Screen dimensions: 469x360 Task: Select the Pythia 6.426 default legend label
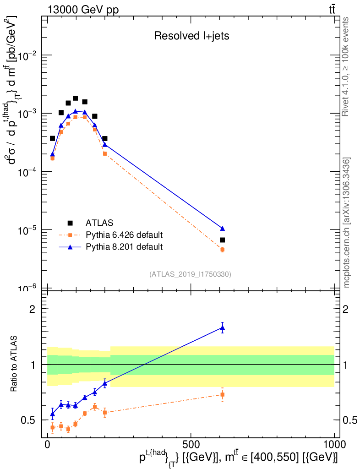(124, 235)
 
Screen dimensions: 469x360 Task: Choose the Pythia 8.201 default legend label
(124, 247)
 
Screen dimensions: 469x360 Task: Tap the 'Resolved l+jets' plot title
(191, 36)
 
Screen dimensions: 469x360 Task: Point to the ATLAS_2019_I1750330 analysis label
(190, 274)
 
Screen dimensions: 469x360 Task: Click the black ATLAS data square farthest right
(222, 240)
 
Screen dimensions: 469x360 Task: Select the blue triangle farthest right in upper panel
(222, 228)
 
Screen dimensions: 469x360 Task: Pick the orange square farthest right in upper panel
(222, 250)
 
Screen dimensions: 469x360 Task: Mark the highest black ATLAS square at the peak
(75, 98)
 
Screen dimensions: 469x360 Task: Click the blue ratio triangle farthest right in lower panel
(222, 327)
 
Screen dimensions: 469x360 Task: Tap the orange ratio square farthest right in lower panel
(222, 394)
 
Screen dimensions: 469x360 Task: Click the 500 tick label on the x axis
(191, 445)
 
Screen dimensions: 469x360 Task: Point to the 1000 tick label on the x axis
(334, 445)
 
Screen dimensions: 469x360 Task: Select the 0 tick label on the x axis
(47, 445)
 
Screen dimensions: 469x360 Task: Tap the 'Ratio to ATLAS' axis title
(15, 364)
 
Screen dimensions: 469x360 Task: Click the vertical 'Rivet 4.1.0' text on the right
(347, 66)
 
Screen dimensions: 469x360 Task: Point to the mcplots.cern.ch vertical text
(347, 223)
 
